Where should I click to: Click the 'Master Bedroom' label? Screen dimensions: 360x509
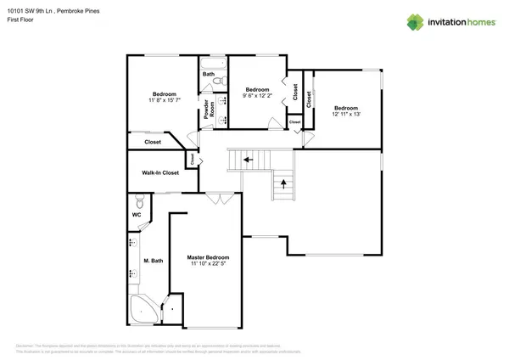tap(208, 257)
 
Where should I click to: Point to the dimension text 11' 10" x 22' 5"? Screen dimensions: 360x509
tap(208, 265)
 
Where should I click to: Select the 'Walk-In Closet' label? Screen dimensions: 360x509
tap(159, 173)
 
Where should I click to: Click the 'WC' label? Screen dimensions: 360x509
tap(136, 214)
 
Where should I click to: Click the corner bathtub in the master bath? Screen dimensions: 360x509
tap(142, 312)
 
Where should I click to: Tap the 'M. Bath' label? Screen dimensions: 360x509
tap(153, 261)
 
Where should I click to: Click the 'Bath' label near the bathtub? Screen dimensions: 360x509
tap(208, 75)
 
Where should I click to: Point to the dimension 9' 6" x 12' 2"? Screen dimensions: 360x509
tap(257, 96)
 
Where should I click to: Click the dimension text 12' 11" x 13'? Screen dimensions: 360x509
tap(345, 115)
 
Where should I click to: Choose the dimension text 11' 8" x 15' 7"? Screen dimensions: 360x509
tap(164, 100)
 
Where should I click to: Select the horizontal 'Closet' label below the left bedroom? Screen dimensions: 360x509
tap(154, 142)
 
